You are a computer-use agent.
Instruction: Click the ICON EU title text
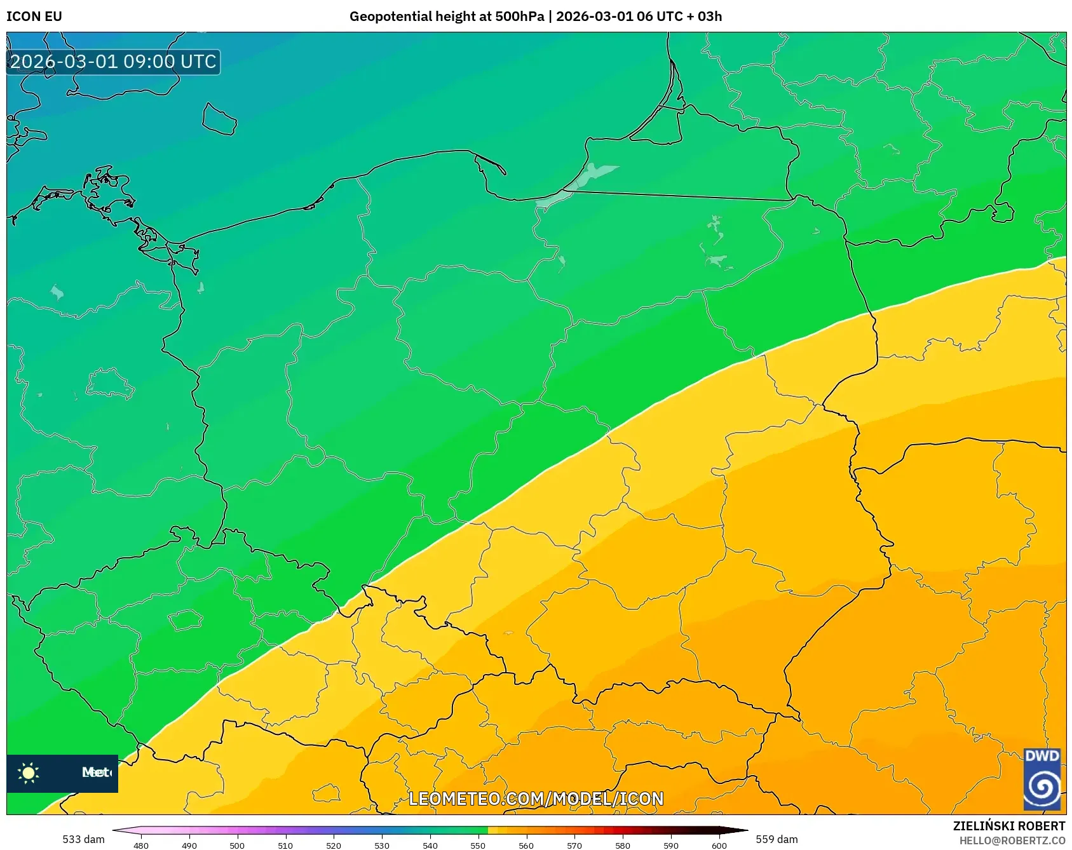click(34, 17)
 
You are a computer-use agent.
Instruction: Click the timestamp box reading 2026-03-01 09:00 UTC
click(113, 62)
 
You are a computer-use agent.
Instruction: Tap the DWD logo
click(1042, 779)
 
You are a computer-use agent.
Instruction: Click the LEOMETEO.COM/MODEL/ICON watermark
click(536, 799)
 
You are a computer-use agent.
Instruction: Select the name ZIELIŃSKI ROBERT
click(1008, 826)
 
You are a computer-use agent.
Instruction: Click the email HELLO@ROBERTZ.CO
click(1012, 840)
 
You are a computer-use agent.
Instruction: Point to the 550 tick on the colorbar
click(478, 845)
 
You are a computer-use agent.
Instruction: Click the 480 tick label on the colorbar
click(141, 845)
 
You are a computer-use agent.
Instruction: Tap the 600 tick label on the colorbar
click(719, 845)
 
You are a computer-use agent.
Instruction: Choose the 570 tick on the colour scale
click(574, 845)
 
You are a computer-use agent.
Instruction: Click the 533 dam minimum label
click(83, 839)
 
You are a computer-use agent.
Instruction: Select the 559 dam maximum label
click(777, 839)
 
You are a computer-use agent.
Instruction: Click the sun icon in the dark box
click(29, 772)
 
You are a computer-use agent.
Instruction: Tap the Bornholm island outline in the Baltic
click(219, 119)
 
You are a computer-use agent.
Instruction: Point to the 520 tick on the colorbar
click(334, 845)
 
